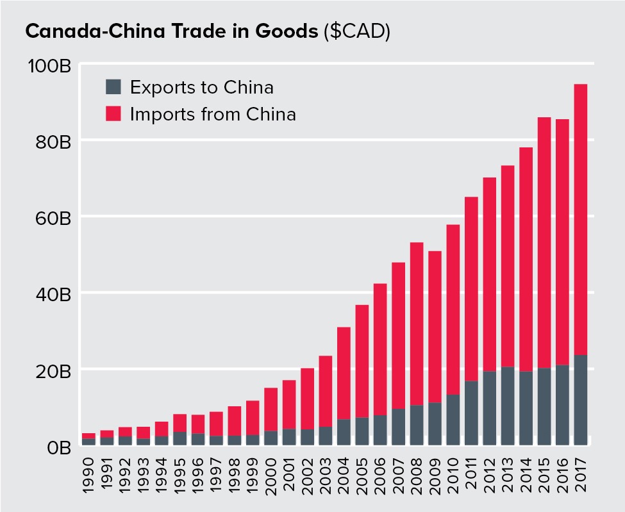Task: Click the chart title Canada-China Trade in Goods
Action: [170, 32]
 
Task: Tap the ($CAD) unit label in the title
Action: [354, 32]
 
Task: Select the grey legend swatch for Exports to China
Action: [113, 87]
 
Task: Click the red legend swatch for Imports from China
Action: [113, 115]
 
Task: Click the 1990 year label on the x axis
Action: [89, 474]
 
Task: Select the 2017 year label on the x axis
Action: [581, 474]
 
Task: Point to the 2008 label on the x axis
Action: [417, 474]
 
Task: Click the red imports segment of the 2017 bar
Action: [580, 218]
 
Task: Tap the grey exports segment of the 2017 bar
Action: [580, 401]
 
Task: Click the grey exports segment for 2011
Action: [471, 413]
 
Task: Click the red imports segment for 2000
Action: [271, 409]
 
